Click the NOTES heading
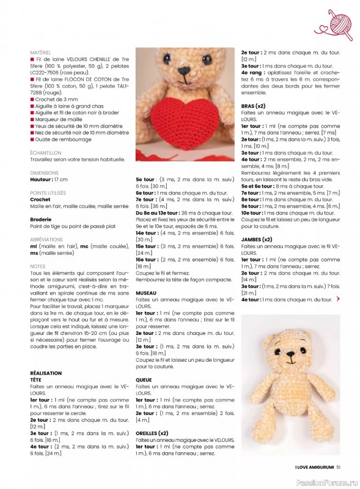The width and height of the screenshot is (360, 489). point(37,267)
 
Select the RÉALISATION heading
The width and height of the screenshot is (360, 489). point(46,372)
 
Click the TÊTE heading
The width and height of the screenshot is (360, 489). point(36,379)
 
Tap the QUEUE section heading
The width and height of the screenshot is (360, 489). point(144,380)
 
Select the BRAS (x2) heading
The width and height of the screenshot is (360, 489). point(253,106)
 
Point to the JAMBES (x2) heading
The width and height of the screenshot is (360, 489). point(257,238)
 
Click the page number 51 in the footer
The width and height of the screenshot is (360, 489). point(346,469)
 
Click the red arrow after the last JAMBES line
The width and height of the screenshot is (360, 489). point(339,299)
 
